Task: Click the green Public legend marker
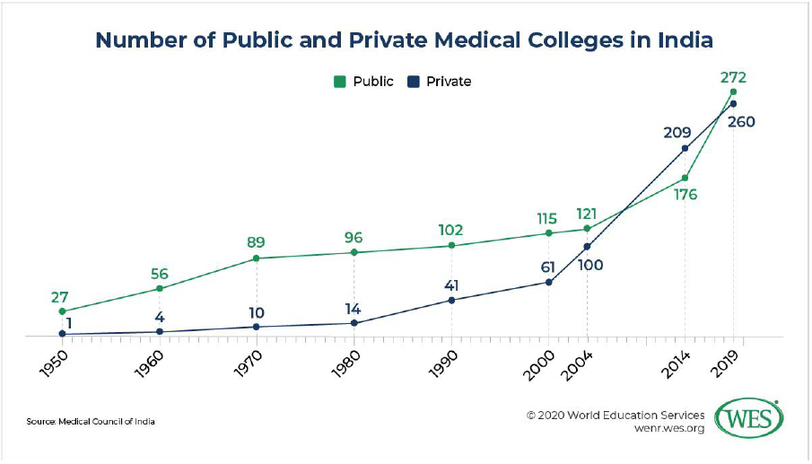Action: point(340,82)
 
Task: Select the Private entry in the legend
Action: point(441,82)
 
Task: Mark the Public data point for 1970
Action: point(257,258)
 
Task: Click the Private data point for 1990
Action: point(451,300)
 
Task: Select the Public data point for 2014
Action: point(685,178)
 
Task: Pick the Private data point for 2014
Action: point(685,148)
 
